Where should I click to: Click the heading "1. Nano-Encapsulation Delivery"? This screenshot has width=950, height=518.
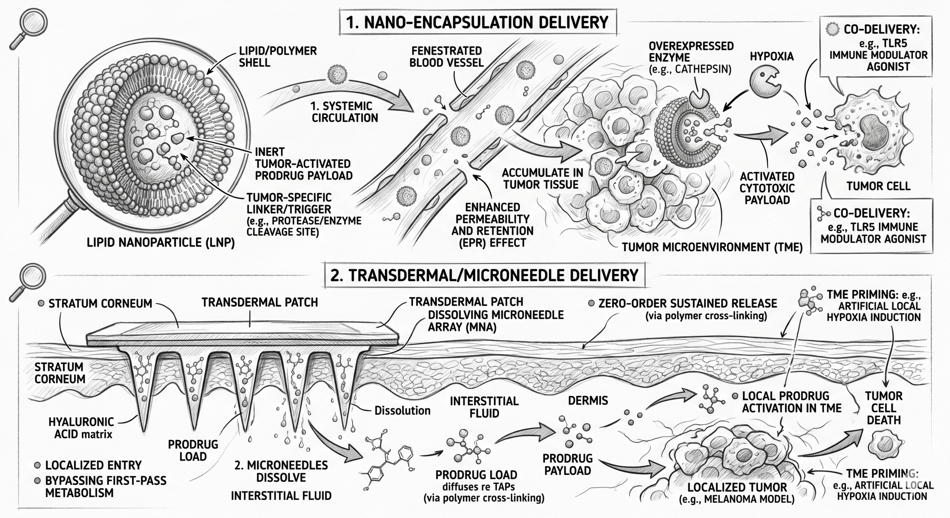477,23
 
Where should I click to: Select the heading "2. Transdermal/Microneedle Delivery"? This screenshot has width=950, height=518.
484,276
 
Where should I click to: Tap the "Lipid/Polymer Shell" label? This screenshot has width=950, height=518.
278,56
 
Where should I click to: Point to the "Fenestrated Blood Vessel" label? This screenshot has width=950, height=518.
446,56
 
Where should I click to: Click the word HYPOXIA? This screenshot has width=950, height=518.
772,56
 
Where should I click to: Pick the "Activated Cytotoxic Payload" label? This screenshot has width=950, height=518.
767,188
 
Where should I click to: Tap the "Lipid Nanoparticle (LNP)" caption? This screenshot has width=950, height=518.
161,243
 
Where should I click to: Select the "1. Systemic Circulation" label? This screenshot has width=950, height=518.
344,112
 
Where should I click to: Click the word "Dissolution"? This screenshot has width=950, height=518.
402,410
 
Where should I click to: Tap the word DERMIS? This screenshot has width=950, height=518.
588,400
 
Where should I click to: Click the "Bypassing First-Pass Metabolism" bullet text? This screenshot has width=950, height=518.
105,486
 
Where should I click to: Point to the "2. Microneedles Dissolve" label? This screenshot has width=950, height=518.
281,471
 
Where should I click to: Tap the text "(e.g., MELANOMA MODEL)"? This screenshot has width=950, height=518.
736,499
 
